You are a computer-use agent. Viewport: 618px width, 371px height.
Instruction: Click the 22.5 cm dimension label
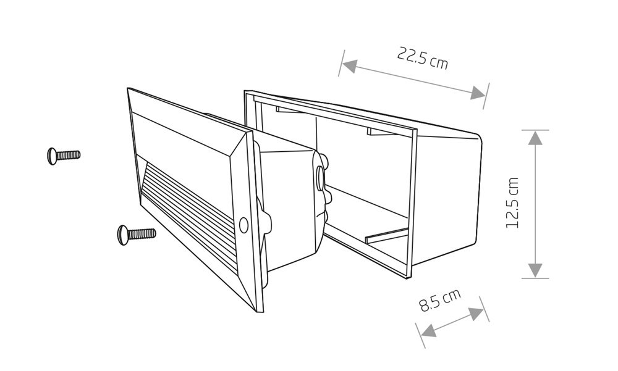pyautogui.click(x=423, y=58)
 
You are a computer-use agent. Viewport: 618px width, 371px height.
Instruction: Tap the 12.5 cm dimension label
pyautogui.click(x=513, y=203)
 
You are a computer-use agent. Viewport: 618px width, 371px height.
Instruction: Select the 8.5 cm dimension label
pyautogui.click(x=440, y=302)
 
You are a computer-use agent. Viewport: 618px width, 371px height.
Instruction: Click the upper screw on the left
pyautogui.click(x=64, y=154)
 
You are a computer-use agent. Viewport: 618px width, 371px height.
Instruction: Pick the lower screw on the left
pyautogui.click(x=136, y=233)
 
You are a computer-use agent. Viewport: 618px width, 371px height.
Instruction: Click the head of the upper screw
pyautogui.click(x=51, y=155)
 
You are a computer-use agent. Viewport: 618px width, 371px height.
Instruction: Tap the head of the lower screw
pyautogui.click(x=122, y=233)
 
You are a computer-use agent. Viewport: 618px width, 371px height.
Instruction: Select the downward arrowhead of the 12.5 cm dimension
pyautogui.click(x=535, y=270)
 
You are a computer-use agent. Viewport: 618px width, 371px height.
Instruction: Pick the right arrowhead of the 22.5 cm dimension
pyautogui.click(x=478, y=93)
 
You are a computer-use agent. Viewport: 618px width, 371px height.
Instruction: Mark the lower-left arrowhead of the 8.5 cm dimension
pyautogui.click(x=428, y=331)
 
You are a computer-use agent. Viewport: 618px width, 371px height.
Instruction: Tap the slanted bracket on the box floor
pyautogui.click(x=387, y=235)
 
